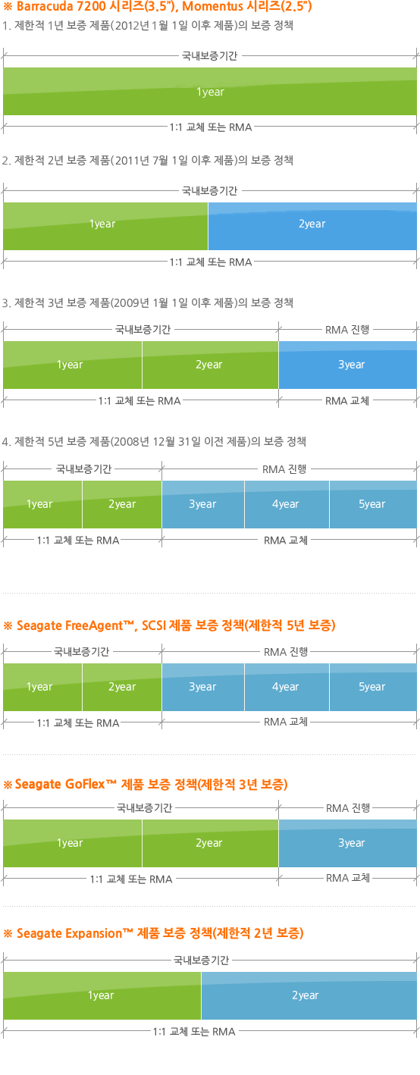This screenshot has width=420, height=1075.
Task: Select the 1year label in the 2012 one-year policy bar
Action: click(210, 92)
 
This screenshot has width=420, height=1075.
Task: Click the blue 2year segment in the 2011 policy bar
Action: click(312, 226)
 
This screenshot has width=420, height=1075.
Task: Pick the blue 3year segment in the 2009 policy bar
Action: click(347, 365)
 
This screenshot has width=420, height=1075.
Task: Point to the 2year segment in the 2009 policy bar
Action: click(210, 365)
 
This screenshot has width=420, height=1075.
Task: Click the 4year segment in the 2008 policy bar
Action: click(287, 504)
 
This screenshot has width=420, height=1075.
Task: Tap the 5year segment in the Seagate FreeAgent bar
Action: click(373, 688)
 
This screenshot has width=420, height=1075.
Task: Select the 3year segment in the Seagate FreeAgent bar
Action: click(203, 688)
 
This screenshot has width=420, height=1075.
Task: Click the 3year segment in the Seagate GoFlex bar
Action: click(347, 843)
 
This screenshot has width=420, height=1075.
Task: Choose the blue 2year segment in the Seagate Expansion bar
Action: click(309, 996)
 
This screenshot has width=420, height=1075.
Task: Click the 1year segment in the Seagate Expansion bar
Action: click(102, 996)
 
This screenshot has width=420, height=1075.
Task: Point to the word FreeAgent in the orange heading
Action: click(99, 625)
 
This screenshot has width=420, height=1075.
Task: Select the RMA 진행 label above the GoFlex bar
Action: click(348, 808)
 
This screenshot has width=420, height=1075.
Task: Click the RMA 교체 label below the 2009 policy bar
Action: click(347, 401)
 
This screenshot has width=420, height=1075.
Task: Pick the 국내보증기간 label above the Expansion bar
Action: click(201, 961)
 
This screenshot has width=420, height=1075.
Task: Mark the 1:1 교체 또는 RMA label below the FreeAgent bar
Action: click(78, 722)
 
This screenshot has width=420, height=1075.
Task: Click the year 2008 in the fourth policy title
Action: click(127, 441)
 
